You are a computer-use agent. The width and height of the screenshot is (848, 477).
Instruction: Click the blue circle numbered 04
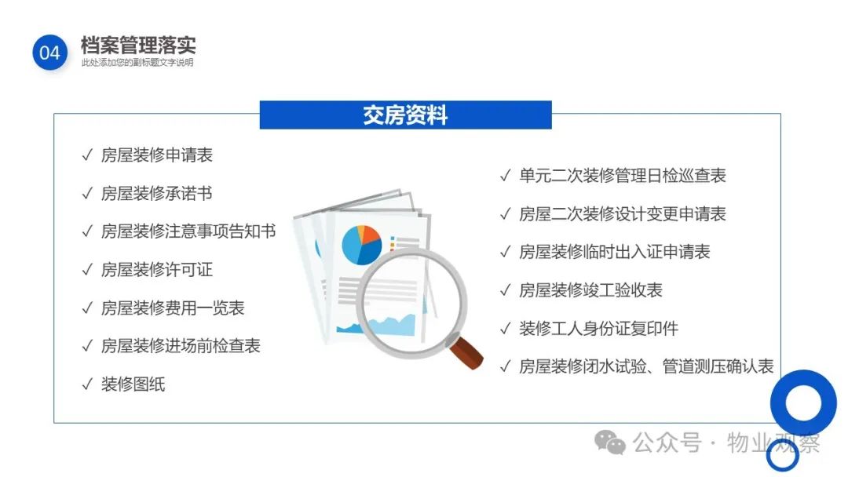coord(49,53)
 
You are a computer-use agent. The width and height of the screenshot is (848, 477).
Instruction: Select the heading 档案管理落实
coord(138,46)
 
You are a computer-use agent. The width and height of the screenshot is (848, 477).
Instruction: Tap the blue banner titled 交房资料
coord(406,115)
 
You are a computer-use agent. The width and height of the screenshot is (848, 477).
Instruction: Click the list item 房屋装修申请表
coord(157,155)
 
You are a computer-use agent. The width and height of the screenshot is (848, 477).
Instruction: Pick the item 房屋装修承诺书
coord(157,194)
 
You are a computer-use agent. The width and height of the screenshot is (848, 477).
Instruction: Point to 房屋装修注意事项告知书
coord(188,231)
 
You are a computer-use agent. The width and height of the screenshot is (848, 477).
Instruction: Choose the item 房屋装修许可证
coord(157,270)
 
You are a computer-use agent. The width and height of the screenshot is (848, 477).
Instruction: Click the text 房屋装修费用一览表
coord(173,308)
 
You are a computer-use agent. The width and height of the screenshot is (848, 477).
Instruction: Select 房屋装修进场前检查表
coord(181,346)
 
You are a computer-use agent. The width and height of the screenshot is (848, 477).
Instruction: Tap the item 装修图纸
coord(133,384)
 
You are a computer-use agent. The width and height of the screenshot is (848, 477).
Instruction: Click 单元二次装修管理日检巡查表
coord(623,176)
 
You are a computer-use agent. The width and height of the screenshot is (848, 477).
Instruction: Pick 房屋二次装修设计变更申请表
coord(623,214)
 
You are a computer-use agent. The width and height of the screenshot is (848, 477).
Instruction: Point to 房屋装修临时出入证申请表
coord(614,252)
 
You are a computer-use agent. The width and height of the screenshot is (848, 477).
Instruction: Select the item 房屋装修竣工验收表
coord(590,290)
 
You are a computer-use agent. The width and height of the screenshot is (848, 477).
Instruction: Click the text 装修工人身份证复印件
coord(598,329)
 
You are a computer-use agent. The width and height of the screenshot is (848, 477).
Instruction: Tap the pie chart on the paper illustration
coord(362,245)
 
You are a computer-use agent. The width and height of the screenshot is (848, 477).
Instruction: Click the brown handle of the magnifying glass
coord(466,353)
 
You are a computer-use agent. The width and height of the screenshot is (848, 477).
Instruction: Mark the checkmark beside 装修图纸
coord(87,384)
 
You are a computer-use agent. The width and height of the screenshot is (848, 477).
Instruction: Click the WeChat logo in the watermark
coord(610,442)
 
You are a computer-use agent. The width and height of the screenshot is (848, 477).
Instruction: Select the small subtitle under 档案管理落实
coord(137,63)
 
